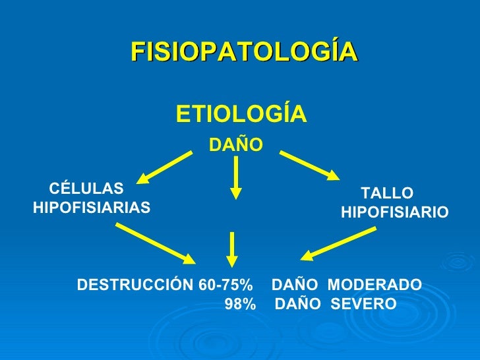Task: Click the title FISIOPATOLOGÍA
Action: pos(244,51)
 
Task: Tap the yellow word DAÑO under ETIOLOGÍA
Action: pos(236,144)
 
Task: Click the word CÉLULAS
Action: pos(82,187)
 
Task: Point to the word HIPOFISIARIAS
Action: pos(91,208)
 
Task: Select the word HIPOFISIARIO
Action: pos(395,213)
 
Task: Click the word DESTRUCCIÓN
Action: pos(135,285)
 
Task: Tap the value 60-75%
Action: pos(225,285)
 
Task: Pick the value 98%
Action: pos(240,305)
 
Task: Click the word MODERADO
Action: pos(375,285)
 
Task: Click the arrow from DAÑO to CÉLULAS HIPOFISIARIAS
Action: pos(165,165)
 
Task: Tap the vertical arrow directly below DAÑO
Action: pos(235,177)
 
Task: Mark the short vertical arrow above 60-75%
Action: pos(232,249)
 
